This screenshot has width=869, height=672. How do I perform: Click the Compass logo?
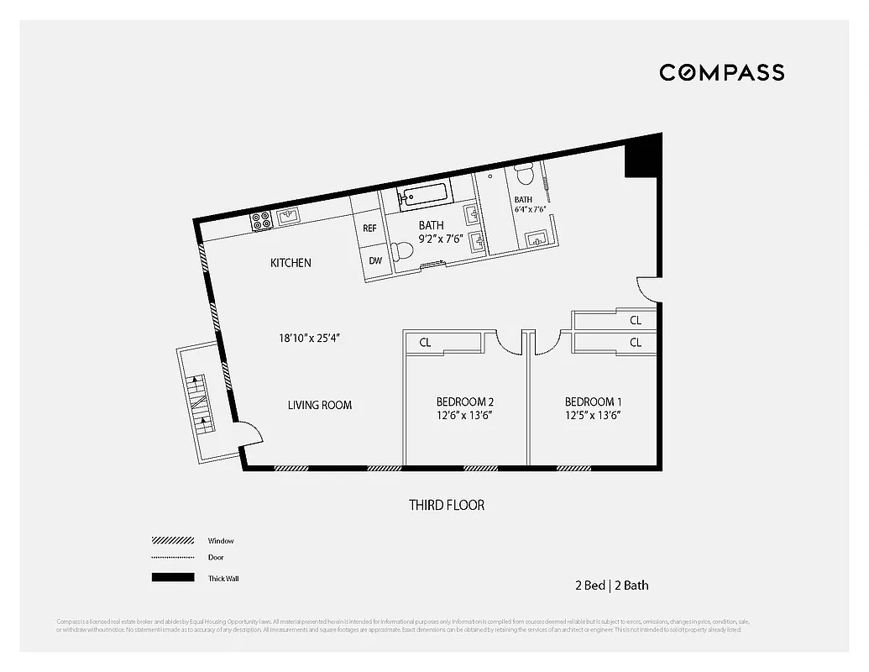click(x=721, y=72)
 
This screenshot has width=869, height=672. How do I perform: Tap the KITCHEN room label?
click(x=291, y=263)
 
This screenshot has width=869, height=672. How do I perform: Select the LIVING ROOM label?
click(x=320, y=405)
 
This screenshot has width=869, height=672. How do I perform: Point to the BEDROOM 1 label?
click(x=593, y=402)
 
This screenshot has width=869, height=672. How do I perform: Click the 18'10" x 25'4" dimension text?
click(x=309, y=338)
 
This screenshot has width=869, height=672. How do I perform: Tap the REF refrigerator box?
click(x=369, y=228)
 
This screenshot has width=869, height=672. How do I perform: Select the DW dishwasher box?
click(x=374, y=260)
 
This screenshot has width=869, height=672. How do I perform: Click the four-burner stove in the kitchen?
click(x=260, y=221)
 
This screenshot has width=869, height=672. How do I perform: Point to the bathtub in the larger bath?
click(x=424, y=197)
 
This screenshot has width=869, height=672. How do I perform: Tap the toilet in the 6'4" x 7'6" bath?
click(x=525, y=176)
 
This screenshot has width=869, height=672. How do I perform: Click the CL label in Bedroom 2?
click(x=425, y=342)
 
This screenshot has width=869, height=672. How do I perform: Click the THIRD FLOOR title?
click(x=446, y=505)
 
